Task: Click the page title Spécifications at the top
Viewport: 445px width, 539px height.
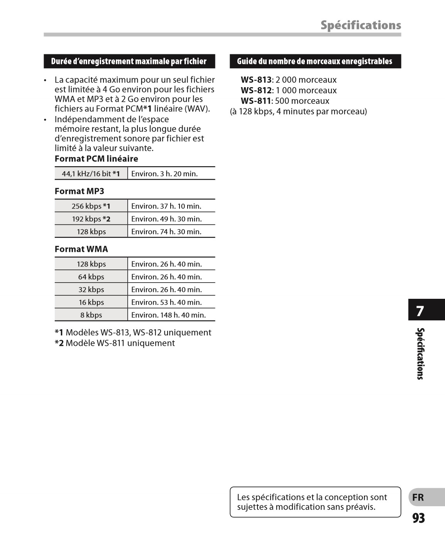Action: (360, 25)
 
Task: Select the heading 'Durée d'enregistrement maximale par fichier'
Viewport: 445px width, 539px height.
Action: (129, 61)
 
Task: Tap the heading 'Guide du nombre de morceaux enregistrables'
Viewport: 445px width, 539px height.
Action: (315, 61)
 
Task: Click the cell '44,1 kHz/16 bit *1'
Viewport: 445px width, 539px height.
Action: (91, 174)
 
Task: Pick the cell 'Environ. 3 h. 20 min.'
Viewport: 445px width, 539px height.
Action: (164, 174)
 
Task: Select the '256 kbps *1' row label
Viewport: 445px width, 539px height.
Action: (91, 206)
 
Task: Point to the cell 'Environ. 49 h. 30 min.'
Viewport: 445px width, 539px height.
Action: (166, 219)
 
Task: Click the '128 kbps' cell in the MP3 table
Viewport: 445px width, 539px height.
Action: (91, 232)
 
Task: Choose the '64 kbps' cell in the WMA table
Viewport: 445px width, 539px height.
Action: (91, 277)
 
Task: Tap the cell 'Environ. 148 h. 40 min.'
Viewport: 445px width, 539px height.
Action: (168, 315)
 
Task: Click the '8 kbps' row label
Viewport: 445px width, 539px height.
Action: (91, 315)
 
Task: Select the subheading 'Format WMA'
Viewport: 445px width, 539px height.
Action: (81, 249)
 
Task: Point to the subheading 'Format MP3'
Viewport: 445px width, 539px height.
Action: (79, 191)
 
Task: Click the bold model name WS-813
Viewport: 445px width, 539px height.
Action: (256, 80)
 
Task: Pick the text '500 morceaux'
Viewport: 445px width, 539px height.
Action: (302, 101)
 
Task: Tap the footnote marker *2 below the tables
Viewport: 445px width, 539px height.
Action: (59, 343)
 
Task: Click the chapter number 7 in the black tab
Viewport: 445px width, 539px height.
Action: (420, 311)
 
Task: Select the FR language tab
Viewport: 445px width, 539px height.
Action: (418, 497)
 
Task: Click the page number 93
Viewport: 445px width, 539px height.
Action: (419, 518)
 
